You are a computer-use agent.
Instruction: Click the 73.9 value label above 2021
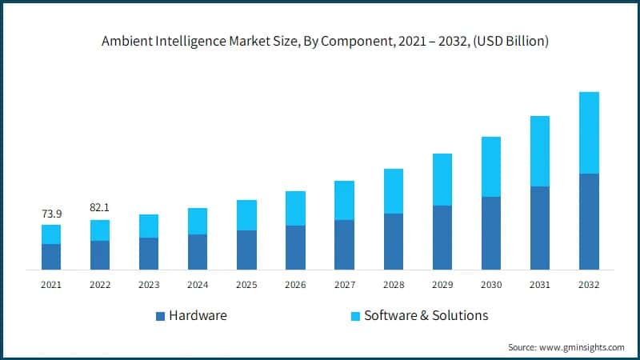[51, 214]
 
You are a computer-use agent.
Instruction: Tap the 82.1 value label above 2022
[100, 208]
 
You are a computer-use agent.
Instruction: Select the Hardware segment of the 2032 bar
[589, 221]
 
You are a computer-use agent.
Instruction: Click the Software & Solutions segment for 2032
[589, 133]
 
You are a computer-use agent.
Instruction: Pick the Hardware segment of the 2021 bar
[51, 256]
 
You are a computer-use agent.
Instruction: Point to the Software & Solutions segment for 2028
[393, 191]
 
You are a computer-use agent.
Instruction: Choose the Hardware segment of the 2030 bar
[491, 233]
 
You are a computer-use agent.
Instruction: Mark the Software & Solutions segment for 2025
[246, 215]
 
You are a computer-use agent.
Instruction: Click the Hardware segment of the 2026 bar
[295, 247]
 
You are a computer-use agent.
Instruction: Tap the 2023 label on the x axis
[149, 285]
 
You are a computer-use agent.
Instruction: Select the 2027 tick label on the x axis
[344, 285]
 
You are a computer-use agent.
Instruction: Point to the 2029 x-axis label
[442, 285]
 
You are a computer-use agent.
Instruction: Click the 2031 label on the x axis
[540, 285]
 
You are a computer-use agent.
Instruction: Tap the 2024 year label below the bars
[198, 285]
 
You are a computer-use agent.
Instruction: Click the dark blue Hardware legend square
[160, 316]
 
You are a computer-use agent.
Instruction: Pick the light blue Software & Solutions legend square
[355, 316]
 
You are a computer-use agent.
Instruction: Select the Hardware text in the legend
[198, 315]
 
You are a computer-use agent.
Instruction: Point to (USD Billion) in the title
[509, 42]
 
